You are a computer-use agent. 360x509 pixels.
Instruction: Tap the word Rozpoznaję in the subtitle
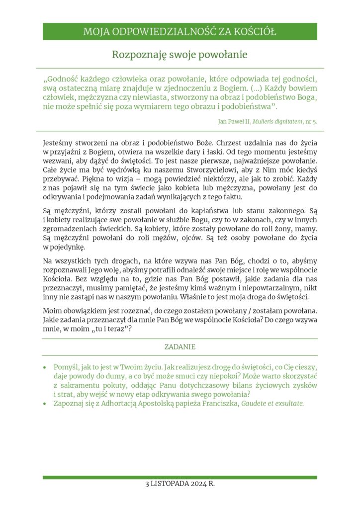click(x=136, y=54)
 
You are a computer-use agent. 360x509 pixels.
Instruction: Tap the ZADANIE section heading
click(x=180, y=346)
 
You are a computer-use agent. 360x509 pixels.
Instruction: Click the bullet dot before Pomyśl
click(x=45, y=367)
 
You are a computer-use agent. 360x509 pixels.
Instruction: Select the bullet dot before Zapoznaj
click(x=45, y=404)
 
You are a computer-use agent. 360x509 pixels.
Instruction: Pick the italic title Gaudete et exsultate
click(x=272, y=403)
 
